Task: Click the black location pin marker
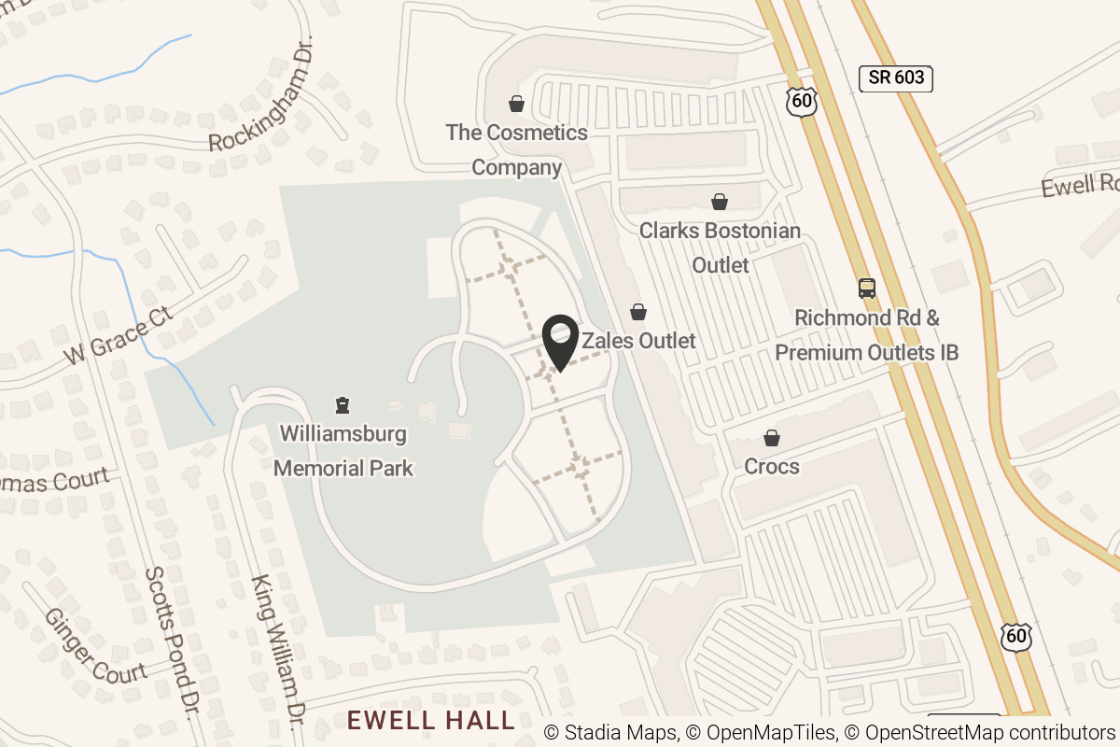[x=560, y=342]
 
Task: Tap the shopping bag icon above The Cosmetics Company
[x=516, y=104]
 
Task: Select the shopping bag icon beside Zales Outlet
[x=638, y=311]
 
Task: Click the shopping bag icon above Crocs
[x=772, y=437]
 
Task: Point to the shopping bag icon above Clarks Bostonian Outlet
[x=720, y=202]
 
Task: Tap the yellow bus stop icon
[x=867, y=288]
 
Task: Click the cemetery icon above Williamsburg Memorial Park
[x=343, y=405]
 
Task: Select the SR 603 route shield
[x=896, y=78]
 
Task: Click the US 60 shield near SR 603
[x=802, y=100]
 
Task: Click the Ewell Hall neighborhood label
[x=430, y=720]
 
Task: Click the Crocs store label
[x=772, y=465]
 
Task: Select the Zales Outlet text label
[x=639, y=341]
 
